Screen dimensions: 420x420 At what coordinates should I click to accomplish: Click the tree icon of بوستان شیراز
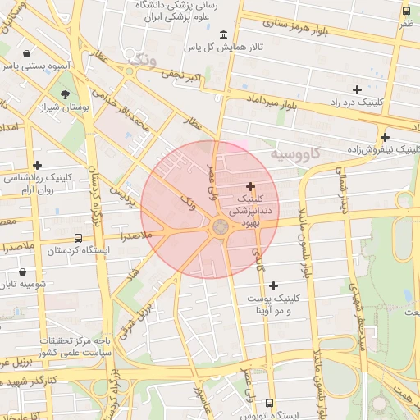[x=66, y=94]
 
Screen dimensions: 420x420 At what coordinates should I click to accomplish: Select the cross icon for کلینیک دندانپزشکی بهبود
[x=250, y=186]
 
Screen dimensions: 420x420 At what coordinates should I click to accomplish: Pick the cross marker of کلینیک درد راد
[x=356, y=89]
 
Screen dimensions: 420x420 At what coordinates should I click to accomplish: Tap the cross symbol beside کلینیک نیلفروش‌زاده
[x=385, y=137]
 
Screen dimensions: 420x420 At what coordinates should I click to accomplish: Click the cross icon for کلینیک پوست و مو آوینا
[x=273, y=285]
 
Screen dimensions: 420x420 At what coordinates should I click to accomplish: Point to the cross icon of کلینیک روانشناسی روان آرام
[x=37, y=165]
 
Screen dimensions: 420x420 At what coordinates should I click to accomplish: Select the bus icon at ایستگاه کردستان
[x=78, y=237]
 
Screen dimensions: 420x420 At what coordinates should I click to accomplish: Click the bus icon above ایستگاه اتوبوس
[x=270, y=403]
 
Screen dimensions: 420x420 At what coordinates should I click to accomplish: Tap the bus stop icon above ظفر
[x=406, y=11]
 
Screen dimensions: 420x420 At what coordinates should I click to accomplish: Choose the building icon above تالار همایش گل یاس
[x=224, y=34]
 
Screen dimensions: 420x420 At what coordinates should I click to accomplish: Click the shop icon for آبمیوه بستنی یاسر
[x=28, y=53]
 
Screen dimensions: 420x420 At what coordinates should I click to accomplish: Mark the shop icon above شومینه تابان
[x=21, y=271]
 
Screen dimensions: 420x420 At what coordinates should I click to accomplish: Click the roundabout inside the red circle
[x=220, y=226]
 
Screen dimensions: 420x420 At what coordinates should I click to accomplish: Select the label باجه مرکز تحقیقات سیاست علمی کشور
[x=79, y=345]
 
